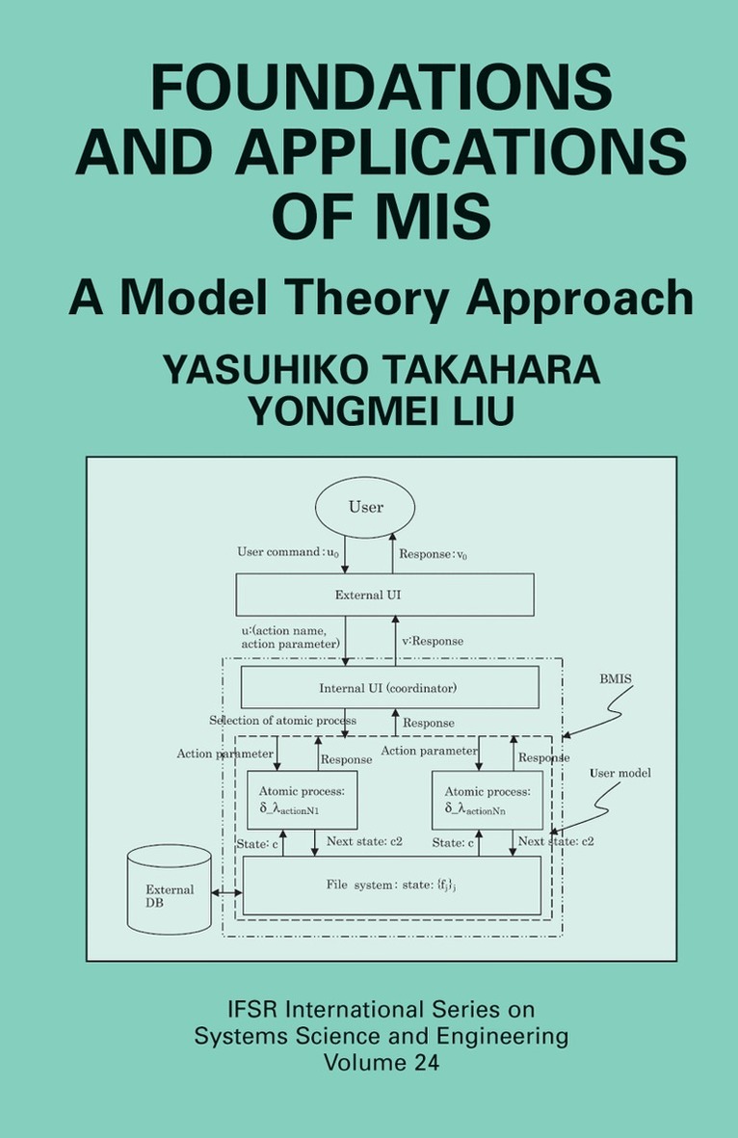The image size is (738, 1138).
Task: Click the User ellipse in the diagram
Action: (x=365, y=507)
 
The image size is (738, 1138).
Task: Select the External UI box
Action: (x=384, y=595)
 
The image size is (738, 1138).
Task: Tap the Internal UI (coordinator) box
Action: (x=388, y=688)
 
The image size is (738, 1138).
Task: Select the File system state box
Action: (x=391, y=885)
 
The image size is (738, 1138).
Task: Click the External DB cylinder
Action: (x=169, y=890)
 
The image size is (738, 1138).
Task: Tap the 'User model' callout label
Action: (x=620, y=773)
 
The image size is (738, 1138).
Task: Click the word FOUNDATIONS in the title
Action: (x=382, y=90)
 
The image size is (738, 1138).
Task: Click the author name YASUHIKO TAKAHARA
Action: (x=381, y=371)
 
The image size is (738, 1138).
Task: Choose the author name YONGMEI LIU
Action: (x=381, y=411)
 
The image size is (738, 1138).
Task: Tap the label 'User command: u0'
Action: (x=288, y=552)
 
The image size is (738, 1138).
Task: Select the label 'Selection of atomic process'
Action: (x=282, y=721)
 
